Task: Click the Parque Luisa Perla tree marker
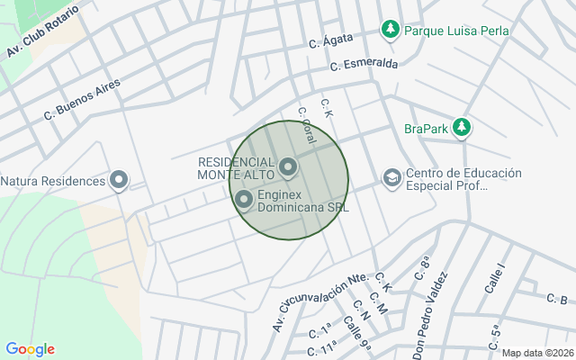(x=390, y=31)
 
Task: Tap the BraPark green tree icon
(x=462, y=128)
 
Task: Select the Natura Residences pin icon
(x=119, y=181)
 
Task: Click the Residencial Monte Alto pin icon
(x=288, y=166)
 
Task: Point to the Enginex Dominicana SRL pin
(x=244, y=200)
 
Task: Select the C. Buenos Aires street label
(x=81, y=100)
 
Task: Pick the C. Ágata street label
(x=328, y=41)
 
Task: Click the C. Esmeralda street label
(x=364, y=65)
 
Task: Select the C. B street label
(x=556, y=300)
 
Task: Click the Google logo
(x=30, y=349)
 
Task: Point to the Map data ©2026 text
(x=537, y=353)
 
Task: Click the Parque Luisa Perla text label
(x=456, y=31)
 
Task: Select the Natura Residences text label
(x=53, y=181)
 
